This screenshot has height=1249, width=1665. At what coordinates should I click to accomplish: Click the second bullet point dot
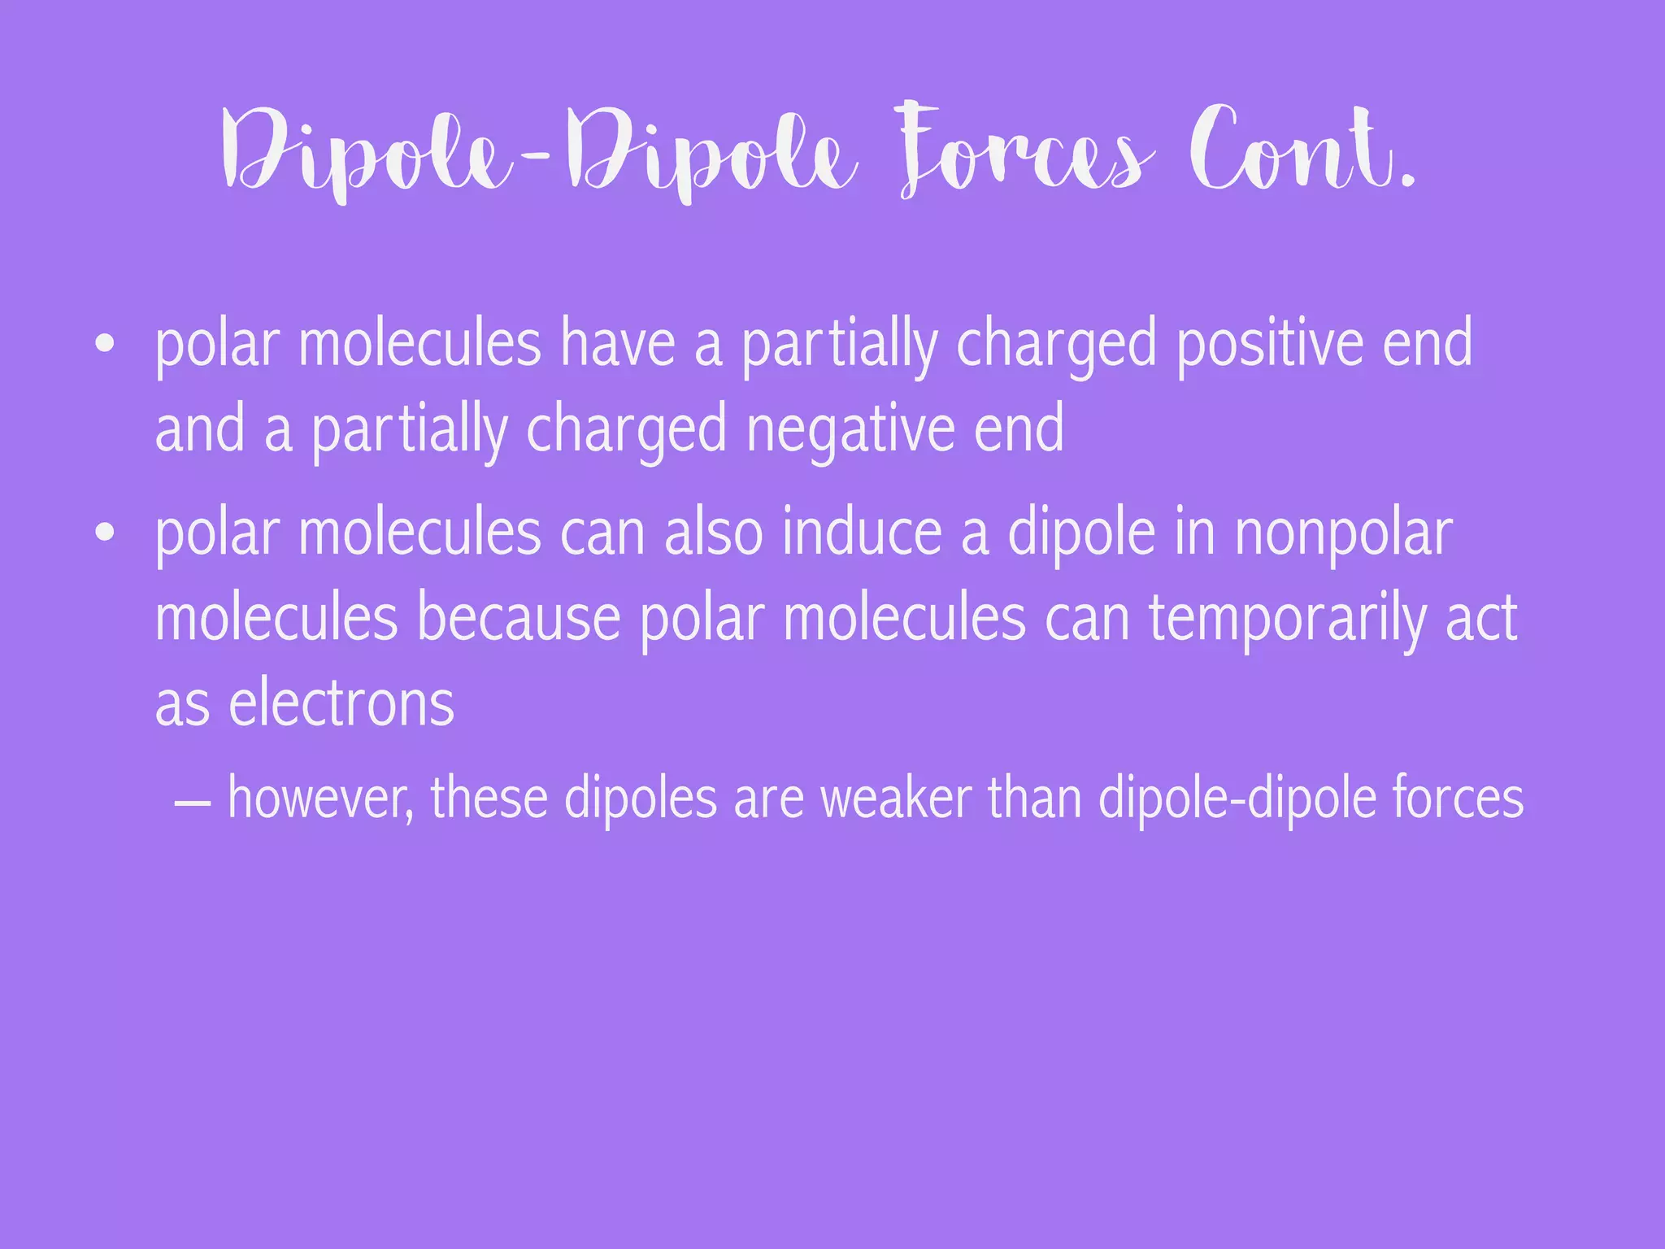tap(104, 533)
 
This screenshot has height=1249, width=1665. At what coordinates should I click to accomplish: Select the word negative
tap(850, 429)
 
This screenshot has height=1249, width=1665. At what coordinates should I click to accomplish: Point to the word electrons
tap(341, 704)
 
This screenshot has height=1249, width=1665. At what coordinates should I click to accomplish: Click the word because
tap(519, 619)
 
